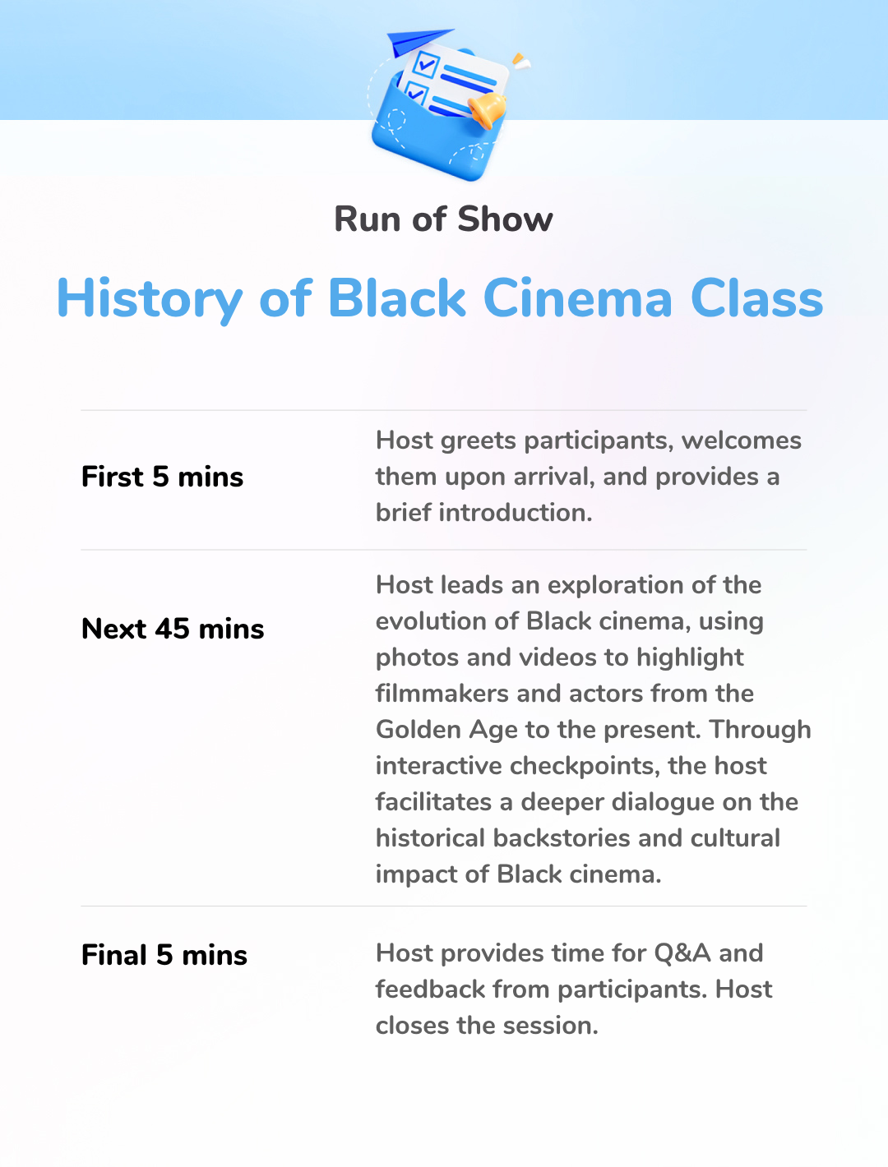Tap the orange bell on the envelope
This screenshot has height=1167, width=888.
[487, 110]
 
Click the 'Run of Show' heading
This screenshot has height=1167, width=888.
[443, 219]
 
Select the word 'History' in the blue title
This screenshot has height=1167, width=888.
[150, 299]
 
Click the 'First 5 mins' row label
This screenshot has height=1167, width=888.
[162, 477]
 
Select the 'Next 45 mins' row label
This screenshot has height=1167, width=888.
[173, 629]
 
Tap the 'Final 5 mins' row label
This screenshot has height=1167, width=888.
[164, 954]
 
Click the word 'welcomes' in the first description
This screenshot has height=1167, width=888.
[742, 441]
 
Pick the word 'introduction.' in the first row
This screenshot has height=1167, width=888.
[515, 513]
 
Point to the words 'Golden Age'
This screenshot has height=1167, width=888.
[446, 730]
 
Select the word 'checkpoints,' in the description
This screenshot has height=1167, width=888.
[585, 767]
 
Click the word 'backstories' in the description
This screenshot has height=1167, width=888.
[562, 838]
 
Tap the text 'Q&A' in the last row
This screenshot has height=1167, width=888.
[682, 953]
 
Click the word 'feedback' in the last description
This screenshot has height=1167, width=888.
[430, 989]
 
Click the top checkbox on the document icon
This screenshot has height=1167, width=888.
[426, 65]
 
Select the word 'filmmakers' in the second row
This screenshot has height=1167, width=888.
[442, 694]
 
